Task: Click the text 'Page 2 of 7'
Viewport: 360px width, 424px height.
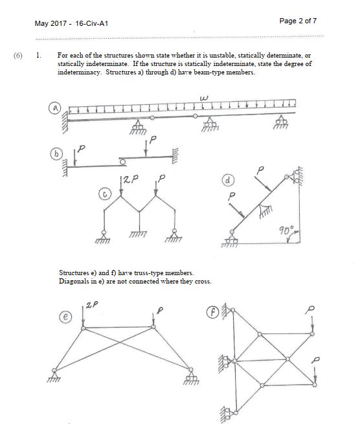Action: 298,21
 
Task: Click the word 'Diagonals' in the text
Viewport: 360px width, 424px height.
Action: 74,281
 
